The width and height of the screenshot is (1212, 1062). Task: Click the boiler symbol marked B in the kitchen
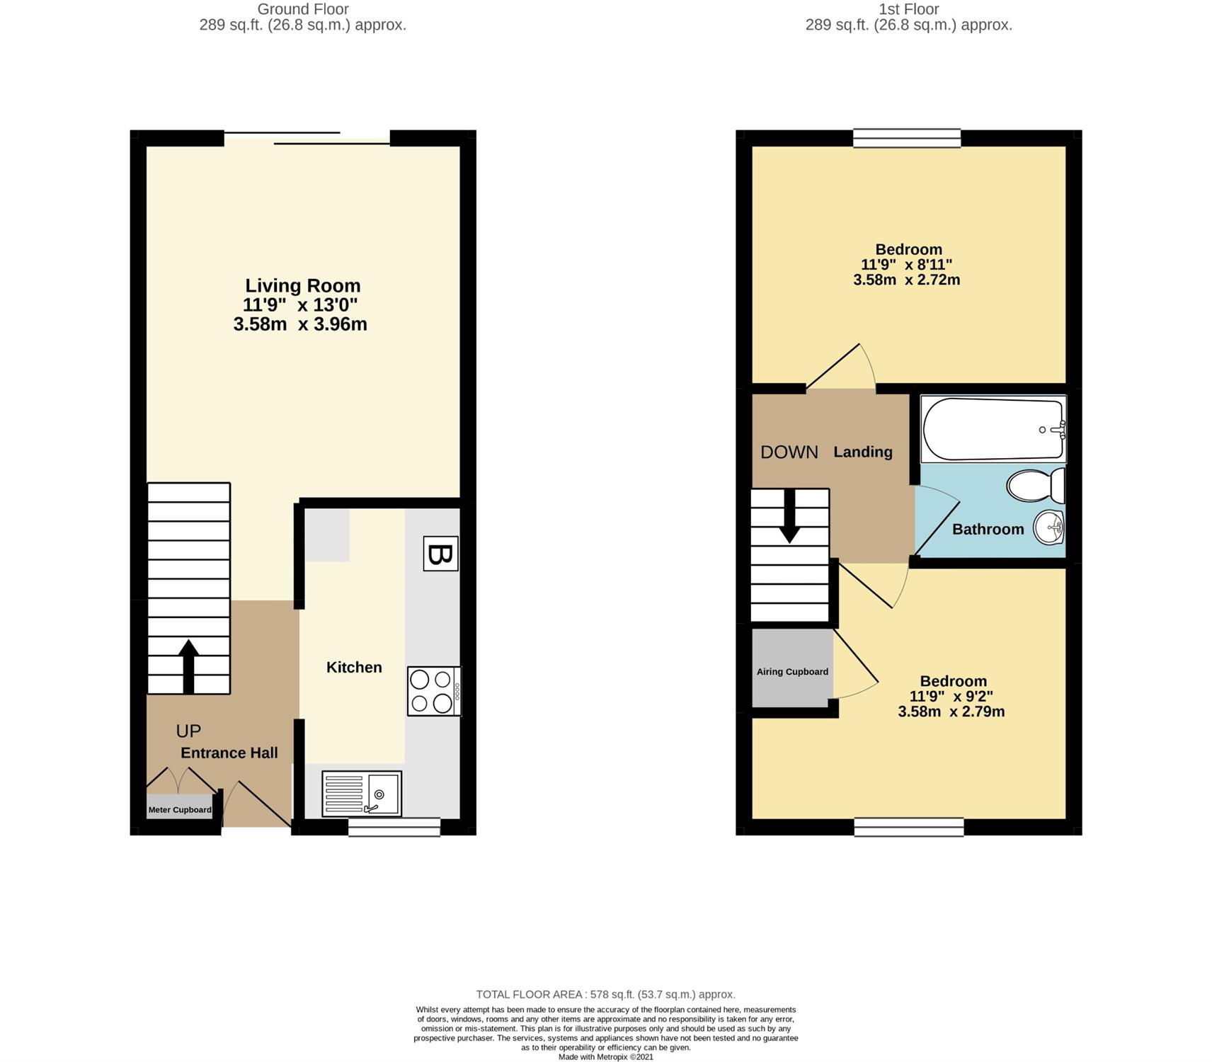[x=440, y=554]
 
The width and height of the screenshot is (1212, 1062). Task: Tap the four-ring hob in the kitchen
[x=434, y=691]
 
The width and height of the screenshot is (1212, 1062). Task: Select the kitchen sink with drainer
[x=362, y=793]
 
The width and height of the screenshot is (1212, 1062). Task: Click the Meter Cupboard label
[x=180, y=810]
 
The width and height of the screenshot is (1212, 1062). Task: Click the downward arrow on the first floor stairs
[x=789, y=516]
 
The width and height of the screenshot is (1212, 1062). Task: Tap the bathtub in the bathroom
[x=993, y=429]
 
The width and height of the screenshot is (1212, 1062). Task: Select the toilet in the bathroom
[x=1036, y=486]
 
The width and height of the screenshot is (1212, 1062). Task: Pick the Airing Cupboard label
[x=792, y=672]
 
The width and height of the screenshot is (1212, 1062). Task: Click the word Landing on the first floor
[x=863, y=452]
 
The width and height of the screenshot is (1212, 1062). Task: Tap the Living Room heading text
[x=303, y=285]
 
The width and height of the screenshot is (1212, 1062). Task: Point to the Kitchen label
[x=354, y=667]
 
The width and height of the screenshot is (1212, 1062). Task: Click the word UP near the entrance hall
[x=188, y=731]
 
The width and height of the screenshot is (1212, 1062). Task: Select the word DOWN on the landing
[x=789, y=452]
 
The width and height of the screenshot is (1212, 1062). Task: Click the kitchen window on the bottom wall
[x=394, y=827]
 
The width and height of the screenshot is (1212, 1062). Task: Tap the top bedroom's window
[x=907, y=137]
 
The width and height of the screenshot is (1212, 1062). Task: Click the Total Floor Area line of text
[x=606, y=995]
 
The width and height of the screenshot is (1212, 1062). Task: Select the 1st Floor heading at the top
[x=909, y=9]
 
